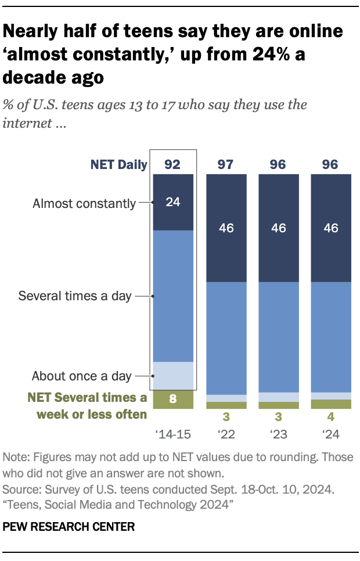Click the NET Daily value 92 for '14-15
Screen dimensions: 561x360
172,164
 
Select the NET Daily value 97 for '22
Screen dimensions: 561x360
226,164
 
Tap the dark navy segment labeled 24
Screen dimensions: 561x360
172,203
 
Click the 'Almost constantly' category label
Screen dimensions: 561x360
84,203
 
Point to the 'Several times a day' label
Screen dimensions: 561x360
75,296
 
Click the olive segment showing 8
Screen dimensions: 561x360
172,400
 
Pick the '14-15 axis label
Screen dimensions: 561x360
172,433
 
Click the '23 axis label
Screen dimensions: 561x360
279,433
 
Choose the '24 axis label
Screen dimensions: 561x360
331,433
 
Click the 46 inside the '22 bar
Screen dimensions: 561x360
226,228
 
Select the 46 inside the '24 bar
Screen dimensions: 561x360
331,228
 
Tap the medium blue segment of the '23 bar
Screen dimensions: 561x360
279,337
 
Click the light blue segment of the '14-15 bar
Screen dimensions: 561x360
172,376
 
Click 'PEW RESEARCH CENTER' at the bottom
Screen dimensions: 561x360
69,527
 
